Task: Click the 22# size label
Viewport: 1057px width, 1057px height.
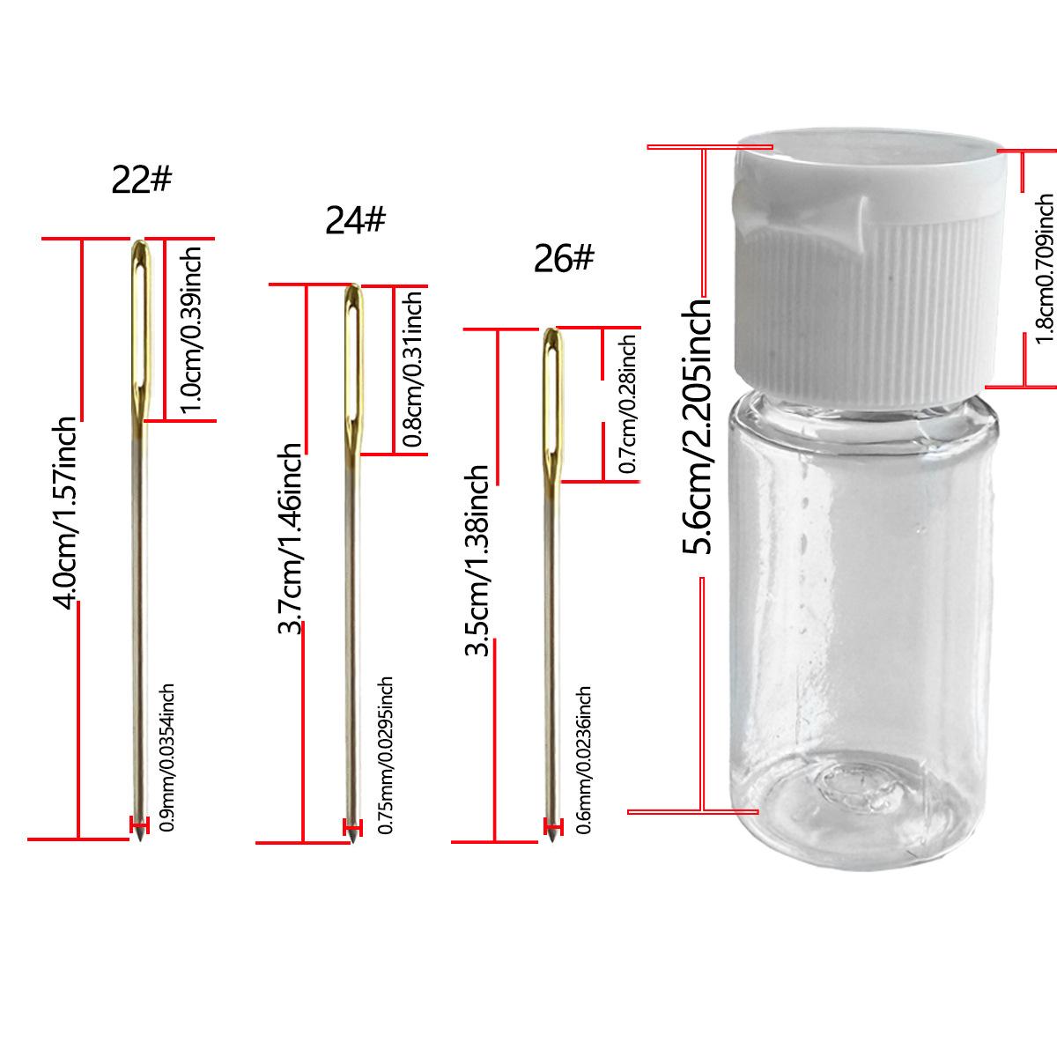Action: pos(142,180)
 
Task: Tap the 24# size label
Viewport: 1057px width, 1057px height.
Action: pos(356,220)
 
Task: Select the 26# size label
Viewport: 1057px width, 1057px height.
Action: pos(564,258)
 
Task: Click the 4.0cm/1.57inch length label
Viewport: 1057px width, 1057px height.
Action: pos(64,513)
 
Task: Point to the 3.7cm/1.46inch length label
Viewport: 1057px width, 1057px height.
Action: pos(290,538)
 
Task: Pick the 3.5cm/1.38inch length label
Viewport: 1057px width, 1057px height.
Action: pos(477,560)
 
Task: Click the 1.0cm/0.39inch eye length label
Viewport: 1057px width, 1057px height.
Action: pos(191,330)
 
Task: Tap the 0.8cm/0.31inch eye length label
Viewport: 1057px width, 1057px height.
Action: pos(412,368)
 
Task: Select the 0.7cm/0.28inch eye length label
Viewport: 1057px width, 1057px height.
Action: pos(627,404)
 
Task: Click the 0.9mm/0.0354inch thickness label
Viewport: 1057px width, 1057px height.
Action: pos(166,758)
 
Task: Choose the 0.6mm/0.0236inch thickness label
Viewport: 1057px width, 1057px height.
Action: pos(584,760)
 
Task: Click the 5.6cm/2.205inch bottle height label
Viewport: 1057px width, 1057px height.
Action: pos(696,425)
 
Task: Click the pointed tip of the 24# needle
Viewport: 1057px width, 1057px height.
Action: pos(352,842)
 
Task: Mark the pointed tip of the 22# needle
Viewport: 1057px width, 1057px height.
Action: pos(140,839)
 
